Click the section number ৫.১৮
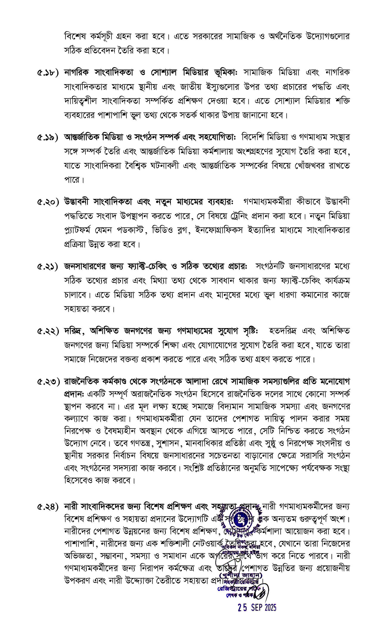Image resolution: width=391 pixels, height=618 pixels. (x=48, y=73)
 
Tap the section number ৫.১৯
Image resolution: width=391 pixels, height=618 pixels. (x=48, y=138)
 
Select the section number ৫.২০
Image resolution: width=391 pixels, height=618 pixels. (x=48, y=202)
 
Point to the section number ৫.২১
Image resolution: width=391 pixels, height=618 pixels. (x=48, y=267)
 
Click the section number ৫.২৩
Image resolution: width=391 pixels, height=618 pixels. (x=48, y=382)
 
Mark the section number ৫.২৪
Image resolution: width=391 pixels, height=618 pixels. (x=48, y=506)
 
